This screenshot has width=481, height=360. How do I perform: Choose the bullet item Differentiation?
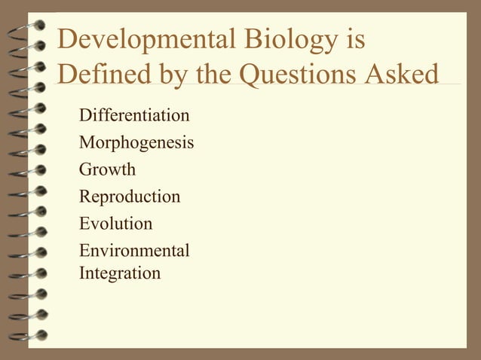pyautogui.click(x=134, y=116)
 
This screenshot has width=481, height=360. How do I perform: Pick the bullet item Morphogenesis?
pyautogui.click(x=136, y=143)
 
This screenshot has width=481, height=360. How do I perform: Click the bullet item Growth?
pyautogui.click(x=107, y=170)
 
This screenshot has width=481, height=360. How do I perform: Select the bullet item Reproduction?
pyautogui.click(x=130, y=197)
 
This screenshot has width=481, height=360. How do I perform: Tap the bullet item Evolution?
pyautogui.click(x=115, y=224)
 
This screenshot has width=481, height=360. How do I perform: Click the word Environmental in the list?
pyautogui.click(x=134, y=251)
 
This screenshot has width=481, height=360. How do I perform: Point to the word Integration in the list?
pyautogui.click(x=120, y=273)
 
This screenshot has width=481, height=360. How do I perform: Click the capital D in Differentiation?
pyautogui.click(x=84, y=116)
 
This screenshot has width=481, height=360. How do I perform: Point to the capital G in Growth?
pyautogui.click(x=85, y=170)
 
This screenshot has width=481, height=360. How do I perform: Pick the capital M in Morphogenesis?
pyautogui.click(x=87, y=142)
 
